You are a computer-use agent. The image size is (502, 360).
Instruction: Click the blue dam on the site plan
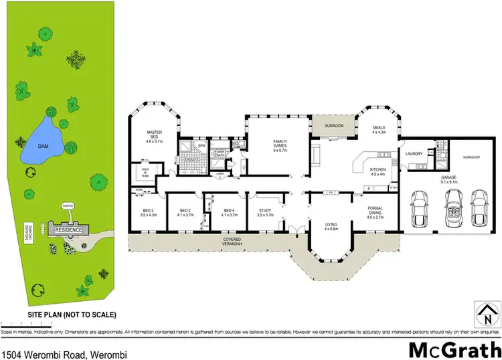coord(42,143)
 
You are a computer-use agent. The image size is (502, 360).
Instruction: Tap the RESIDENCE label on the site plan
coord(68,230)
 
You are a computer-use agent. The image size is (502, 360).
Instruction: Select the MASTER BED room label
coord(155,137)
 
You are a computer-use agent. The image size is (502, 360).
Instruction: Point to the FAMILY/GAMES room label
coord(279,144)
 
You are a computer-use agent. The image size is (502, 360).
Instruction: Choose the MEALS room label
coord(379,129)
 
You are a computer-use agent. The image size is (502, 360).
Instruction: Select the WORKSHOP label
coord(472,158)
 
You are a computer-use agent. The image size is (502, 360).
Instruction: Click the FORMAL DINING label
coord(375,211)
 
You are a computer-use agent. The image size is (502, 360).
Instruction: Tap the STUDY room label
coord(265,212)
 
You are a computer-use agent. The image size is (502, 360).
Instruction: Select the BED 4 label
coord(229,212)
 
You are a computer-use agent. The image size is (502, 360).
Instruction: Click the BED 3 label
coord(148,212)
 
